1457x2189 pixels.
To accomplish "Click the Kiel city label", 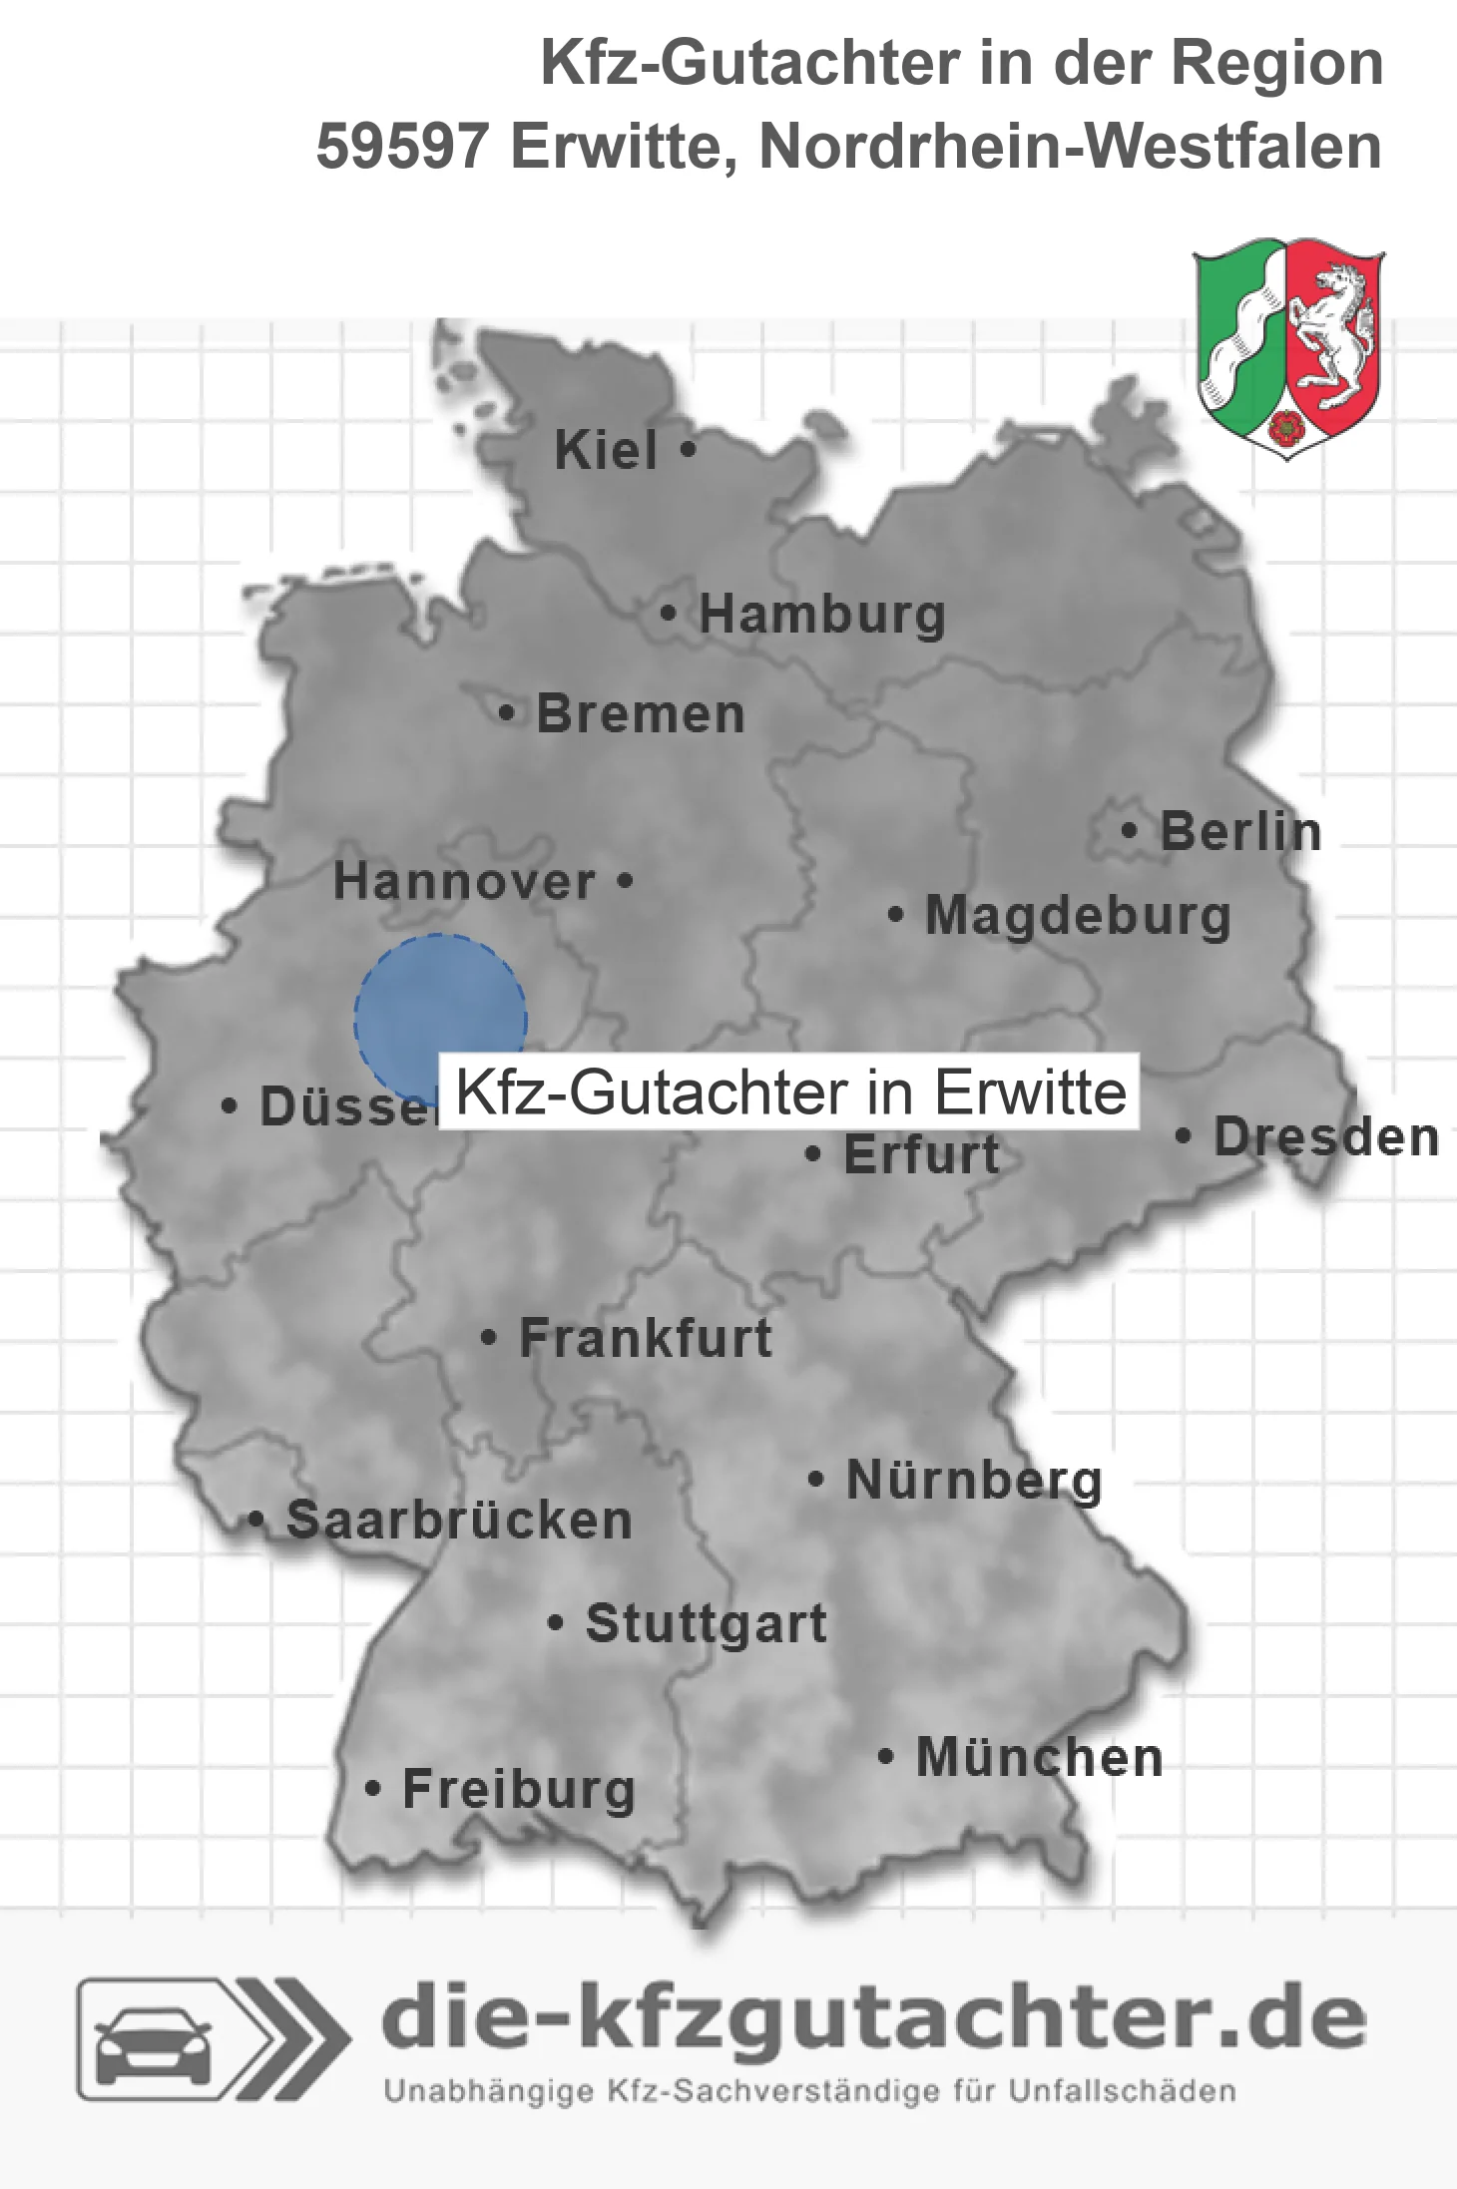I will (x=605, y=450).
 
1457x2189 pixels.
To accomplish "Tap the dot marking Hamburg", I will (x=668, y=614).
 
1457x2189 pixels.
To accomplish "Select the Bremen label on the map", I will (x=640, y=714).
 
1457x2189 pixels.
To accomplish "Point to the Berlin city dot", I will (x=1130, y=830).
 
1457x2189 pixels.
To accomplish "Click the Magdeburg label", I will (x=1078, y=916).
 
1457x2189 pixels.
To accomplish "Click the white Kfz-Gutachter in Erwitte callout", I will (x=789, y=1092).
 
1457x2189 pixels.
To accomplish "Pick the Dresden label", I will (x=1326, y=1137).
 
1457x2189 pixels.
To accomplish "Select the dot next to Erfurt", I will (x=813, y=1155).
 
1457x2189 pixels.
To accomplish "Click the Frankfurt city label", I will (x=646, y=1338).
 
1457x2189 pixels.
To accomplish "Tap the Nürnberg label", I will (x=974, y=1481).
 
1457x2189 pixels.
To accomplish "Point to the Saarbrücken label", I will (x=459, y=1521).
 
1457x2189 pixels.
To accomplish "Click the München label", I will (x=1039, y=1758).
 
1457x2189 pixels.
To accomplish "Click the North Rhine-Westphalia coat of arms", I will (x=1288, y=347).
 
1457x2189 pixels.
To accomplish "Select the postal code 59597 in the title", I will (x=401, y=147).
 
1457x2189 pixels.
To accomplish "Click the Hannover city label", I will (x=464, y=882).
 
